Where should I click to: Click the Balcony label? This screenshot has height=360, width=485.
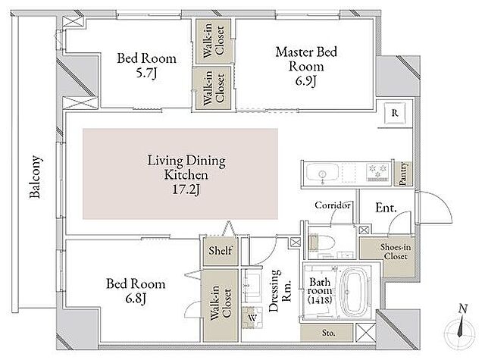click(35, 177)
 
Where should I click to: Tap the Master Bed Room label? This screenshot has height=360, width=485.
click(306, 59)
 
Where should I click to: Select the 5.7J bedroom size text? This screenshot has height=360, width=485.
click(146, 74)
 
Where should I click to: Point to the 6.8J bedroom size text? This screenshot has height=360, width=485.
click(136, 299)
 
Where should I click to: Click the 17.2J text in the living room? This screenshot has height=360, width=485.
click(186, 189)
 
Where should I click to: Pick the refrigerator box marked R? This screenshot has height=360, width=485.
click(395, 113)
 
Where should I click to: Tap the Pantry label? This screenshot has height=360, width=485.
click(402, 174)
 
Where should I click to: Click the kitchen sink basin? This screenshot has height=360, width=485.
click(322, 174)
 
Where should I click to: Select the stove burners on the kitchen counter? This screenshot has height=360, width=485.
click(377, 173)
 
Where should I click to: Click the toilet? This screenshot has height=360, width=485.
click(321, 243)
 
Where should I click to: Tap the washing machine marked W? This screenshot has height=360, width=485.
click(252, 318)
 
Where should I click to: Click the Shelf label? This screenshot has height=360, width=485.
click(220, 251)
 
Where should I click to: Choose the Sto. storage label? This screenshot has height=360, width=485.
click(328, 333)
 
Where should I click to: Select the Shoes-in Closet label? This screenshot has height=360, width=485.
click(396, 252)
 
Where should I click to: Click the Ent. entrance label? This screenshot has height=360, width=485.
click(386, 208)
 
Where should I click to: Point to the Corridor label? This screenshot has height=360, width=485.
click(333, 205)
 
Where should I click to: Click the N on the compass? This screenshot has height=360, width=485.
click(463, 308)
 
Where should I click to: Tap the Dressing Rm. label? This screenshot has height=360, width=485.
click(280, 290)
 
